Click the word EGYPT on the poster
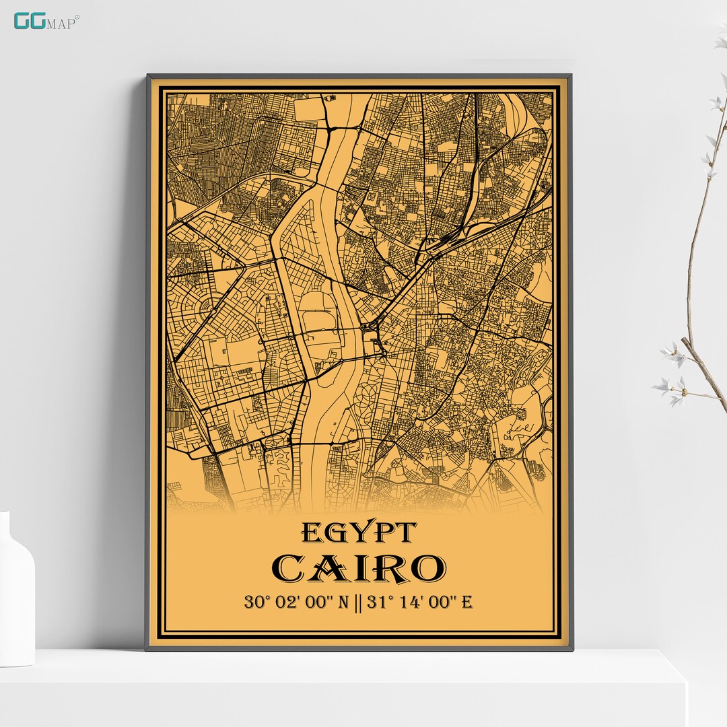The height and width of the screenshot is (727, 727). (359, 533)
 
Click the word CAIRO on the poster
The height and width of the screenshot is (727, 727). (359, 569)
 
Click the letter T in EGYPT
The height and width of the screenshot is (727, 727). (405, 533)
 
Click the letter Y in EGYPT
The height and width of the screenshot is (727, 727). (357, 533)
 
